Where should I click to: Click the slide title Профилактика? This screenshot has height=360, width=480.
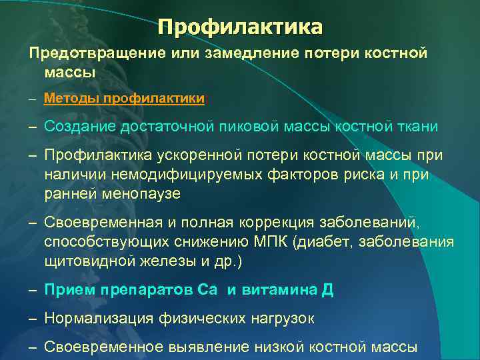click(x=240, y=27)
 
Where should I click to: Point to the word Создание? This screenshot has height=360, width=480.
click(x=75, y=126)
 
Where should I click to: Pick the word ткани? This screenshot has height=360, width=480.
click(x=403, y=126)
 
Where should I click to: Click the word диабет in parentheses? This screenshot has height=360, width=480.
click(x=323, y=241)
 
